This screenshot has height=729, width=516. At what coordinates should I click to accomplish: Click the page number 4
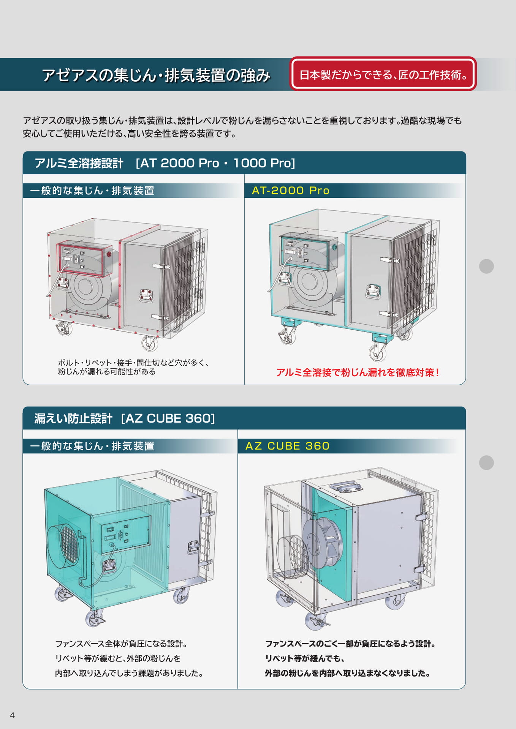[x=12, y=715]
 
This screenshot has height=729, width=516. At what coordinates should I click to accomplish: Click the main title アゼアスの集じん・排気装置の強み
[x=156, y=75]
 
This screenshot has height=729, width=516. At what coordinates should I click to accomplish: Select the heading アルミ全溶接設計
[x=79, y=163]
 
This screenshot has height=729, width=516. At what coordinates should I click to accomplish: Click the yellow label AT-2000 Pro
[x=291, y=191]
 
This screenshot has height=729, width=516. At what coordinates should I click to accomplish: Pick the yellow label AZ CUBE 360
[x=288, y=446]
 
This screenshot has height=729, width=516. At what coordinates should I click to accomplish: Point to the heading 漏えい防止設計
[x=73, y=418]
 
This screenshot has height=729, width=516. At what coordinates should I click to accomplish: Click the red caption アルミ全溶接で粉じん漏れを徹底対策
[x=358, y=372]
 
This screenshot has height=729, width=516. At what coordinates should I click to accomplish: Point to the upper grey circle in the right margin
[x=486, y=266]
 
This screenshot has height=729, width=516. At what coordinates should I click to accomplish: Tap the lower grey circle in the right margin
[x=486, y=462]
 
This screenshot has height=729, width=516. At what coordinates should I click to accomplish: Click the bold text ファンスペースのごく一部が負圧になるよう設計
[x=350, y=644]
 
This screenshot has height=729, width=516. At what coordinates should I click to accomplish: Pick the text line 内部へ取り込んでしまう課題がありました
[x=129, y=673]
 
